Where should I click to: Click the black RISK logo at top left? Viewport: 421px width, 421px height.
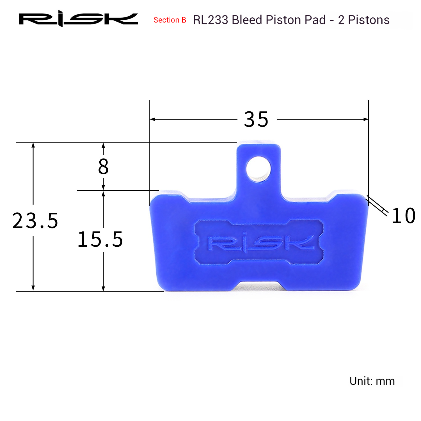78,19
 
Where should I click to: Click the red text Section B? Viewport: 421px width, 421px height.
170,20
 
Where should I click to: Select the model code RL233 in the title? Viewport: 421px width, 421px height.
210,20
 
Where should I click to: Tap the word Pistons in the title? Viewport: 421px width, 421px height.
369,20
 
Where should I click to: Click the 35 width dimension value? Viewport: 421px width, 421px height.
256,120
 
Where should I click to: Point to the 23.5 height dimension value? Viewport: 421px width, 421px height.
35,221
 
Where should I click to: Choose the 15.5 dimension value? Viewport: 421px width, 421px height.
100,239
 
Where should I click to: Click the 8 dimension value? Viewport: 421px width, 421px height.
103,166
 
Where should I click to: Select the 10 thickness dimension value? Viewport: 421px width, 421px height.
403,216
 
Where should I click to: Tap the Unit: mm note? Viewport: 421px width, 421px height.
372,381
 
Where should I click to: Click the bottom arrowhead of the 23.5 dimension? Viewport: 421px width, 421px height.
33,288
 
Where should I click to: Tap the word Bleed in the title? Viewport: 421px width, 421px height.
247,20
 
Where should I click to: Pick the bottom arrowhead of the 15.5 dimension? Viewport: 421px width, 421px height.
103,288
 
